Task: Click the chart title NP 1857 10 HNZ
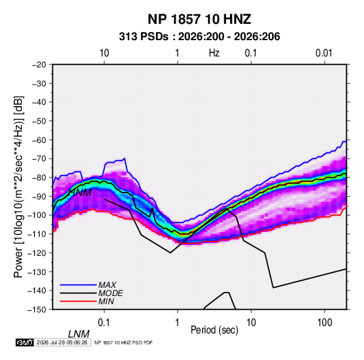point(199,19)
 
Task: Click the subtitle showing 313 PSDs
point(199,37)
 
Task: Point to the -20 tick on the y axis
point(39,65)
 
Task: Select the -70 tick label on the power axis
point(39,159)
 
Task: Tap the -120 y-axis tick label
point(37,252)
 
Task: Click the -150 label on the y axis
point(37,310)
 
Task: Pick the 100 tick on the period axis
point(325,323)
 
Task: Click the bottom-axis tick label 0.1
point(104,323)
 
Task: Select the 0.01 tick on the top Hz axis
point(324,53)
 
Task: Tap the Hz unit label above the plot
point(214,53)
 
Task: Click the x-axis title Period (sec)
point(214,330)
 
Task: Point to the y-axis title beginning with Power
point(18,186)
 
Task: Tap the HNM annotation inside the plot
point(80,193)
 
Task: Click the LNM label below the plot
point(79,334)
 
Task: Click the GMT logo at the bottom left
point(25,342)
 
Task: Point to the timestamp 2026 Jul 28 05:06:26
point(62,342)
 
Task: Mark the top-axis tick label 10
point(104,53)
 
